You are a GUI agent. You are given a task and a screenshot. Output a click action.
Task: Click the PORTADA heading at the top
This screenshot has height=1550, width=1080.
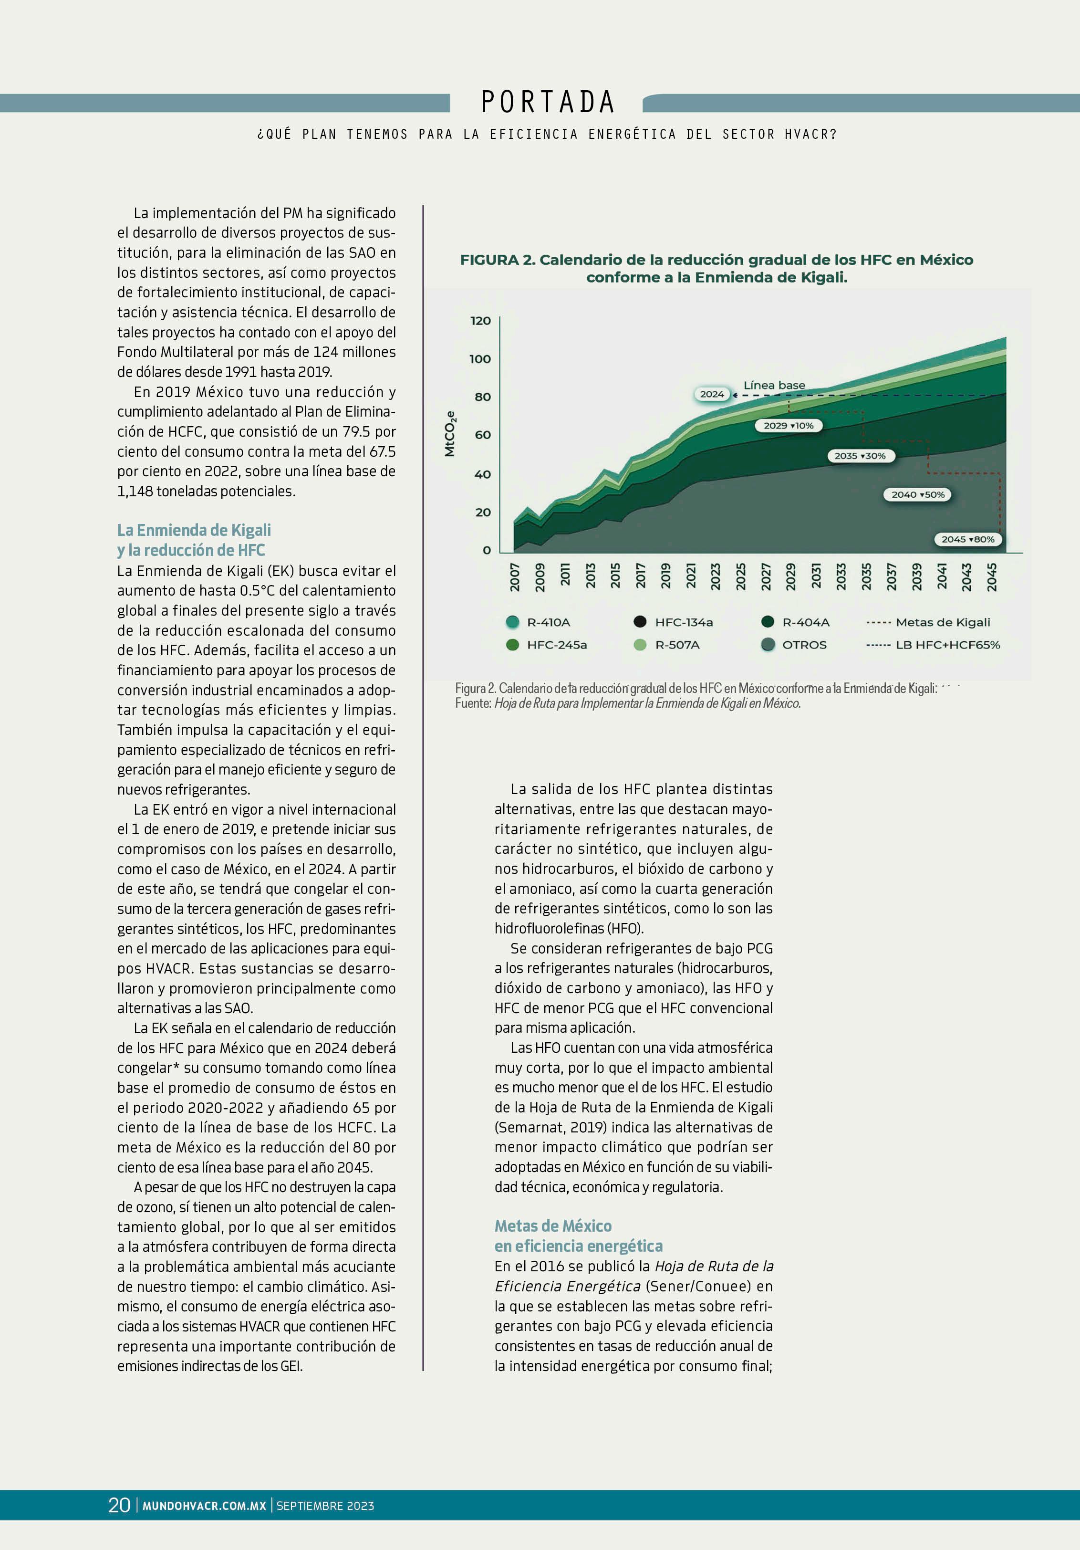[548, 103]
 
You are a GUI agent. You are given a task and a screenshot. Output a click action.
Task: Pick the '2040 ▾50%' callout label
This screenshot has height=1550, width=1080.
[917, 495]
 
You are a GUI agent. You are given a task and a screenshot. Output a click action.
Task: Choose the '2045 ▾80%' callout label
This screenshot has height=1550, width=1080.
[967, 539]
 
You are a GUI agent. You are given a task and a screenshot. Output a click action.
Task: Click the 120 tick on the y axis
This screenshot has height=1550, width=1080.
[480, 321]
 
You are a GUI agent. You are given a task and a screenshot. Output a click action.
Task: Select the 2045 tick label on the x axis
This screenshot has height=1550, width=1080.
[992, 577]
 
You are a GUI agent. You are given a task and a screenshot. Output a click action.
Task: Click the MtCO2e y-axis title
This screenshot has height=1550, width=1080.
[450, 434]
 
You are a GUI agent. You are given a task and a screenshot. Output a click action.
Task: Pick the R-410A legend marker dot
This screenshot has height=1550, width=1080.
[512, 622]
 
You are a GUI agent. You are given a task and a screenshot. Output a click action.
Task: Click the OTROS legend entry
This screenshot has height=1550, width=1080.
[803, 645]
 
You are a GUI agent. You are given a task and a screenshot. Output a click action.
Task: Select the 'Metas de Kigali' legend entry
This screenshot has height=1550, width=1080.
[942, 622]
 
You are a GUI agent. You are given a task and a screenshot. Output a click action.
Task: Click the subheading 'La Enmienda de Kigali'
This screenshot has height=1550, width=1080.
[195, 530]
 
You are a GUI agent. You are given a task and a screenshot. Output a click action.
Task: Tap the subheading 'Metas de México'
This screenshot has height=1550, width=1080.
[553, 1226]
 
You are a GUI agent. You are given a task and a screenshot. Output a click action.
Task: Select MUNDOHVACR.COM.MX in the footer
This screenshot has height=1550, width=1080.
[204, 1506]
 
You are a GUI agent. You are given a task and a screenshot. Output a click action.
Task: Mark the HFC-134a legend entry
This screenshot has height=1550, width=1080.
[683, 622]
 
